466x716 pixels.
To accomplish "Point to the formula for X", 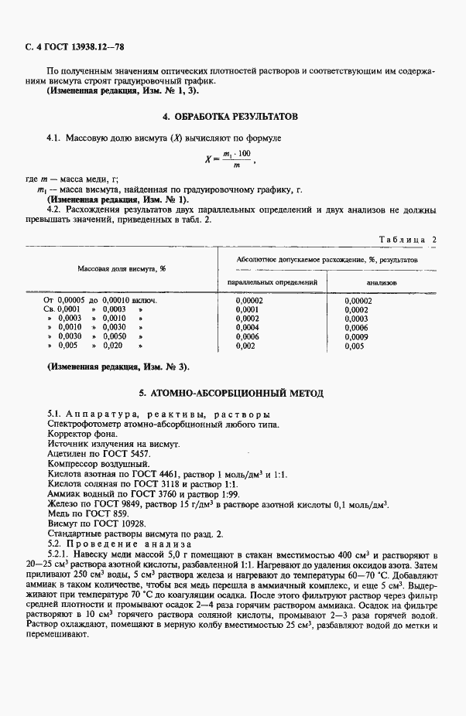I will click(232, 159).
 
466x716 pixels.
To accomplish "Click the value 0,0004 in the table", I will click(247, 327).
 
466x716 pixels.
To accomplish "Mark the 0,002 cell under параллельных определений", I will click(245, 346).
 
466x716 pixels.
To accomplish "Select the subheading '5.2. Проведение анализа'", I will click(117, 544).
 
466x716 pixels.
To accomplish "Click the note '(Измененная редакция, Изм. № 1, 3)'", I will click(122, 90).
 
